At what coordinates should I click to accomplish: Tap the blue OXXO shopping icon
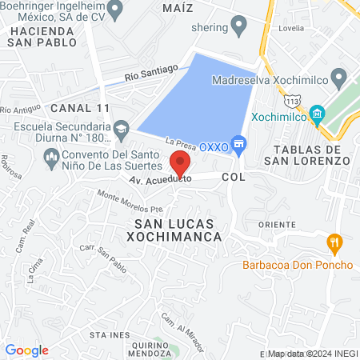pos(237,144)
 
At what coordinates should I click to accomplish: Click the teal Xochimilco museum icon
pos(318,114)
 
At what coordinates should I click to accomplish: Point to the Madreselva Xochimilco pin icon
pos(338,79)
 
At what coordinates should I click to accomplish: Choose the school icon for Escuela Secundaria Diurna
pos(121,127)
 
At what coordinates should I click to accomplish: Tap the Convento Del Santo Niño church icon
pos(51,155)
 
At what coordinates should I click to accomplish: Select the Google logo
pos(26,350)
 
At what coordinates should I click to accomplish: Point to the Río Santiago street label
pos(150,73)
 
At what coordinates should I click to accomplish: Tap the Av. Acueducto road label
pos(154,181)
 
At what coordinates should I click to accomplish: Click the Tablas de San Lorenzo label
pos(311,155)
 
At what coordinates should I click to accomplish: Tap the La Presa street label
pos(181,142)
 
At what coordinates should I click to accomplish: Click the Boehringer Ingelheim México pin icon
pos(115,10)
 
